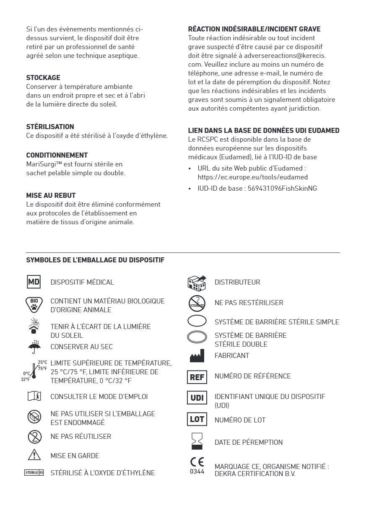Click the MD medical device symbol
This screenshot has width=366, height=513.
coord(34,282)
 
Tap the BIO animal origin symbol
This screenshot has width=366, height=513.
coord(34,305)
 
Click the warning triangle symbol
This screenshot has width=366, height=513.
coord(34,455)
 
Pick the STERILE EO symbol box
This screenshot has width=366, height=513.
coord(34,473)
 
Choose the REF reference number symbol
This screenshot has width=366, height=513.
coord(197,376)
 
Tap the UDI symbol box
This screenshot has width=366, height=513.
coord(197,397)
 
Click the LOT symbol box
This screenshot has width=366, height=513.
coord(197,420)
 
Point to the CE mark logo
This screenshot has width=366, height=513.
coord(197,461)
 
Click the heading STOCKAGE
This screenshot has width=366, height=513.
coord(43,78)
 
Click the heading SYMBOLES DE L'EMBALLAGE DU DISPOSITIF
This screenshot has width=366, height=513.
coord(95,260)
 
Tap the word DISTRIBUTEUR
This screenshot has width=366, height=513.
coord(237,282)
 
